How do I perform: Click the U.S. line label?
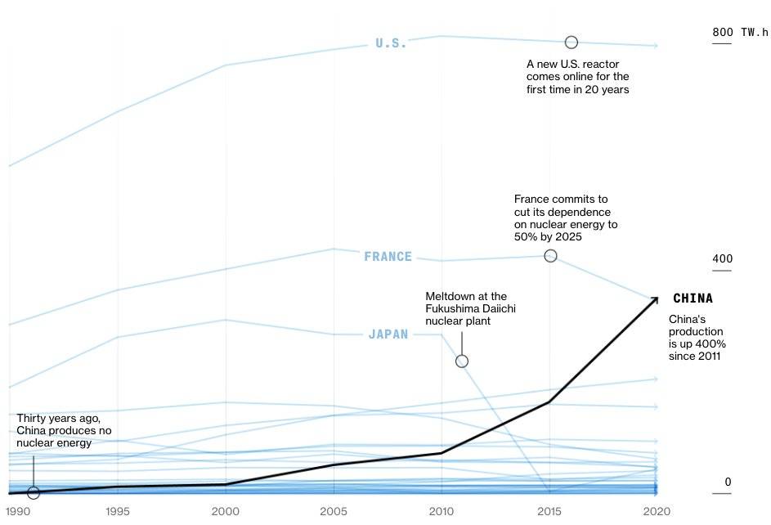[x=391, y=43]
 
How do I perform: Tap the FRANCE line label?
[x=388, y=257]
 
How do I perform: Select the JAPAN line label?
[x=388, y=334]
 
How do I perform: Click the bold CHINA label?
[x=693, y=298]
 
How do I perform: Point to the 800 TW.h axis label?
[x=740, y=33]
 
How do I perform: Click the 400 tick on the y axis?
[x=722, y=259]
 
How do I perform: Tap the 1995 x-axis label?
[x=118, y=511]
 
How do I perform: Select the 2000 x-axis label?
[x=226, y=511]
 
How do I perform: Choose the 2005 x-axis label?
[x=334, y=511]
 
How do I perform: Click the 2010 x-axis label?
[x=442, y=511]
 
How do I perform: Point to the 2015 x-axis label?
[x=549, y=511]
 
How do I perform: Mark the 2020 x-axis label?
[x=657, y=511]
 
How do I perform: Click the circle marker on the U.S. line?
[x=572, y=42]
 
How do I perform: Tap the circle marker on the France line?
[x=550, y=256]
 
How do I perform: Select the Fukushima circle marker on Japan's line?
[x=462, y=361]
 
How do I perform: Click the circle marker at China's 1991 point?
[x=33, y=492]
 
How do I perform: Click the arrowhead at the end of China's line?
[x=655, y=300]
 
